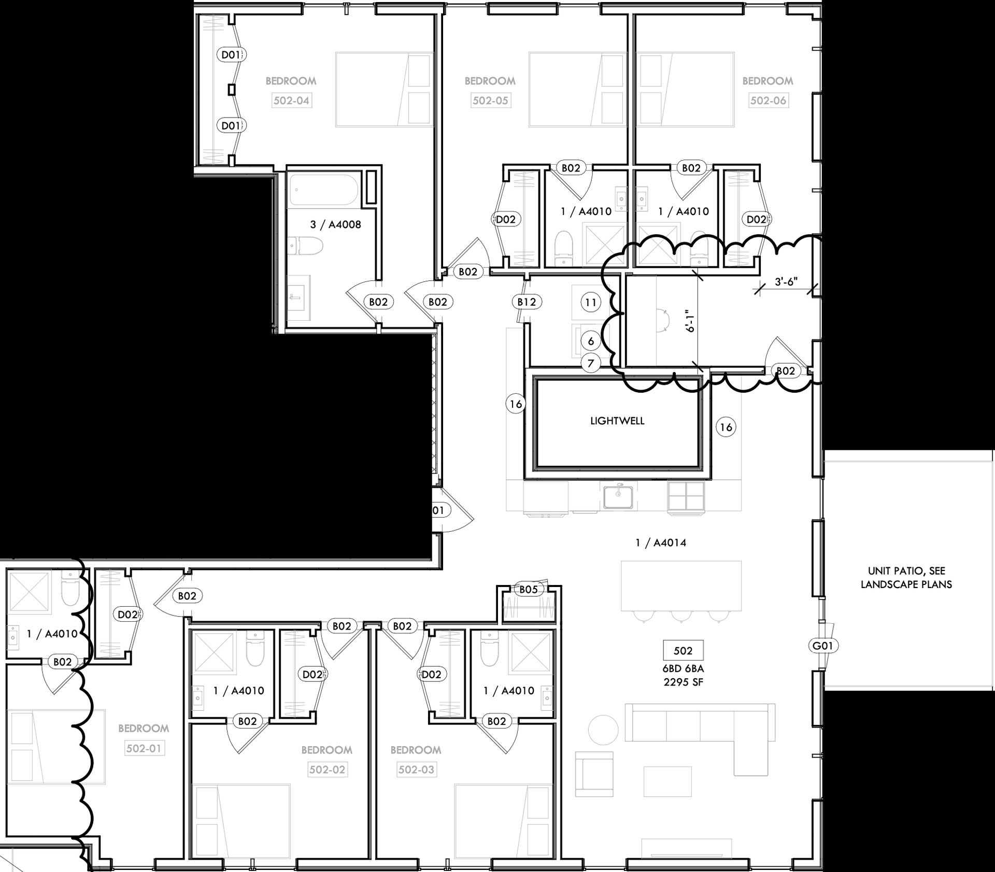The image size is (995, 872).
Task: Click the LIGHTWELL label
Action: click(x=617, y=421)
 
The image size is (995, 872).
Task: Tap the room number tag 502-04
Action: click(x=291, y=101)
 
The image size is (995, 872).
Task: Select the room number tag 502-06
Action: click(x=768, y=101)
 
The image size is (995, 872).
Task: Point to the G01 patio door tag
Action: click(x=823, y=646)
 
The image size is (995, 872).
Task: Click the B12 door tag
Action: click(x=527, y=302)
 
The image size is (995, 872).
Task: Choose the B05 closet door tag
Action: click(x=529, y=589)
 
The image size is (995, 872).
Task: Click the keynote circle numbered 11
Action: click(x=591, y=302)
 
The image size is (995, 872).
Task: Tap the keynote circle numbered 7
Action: click(x=591, y=363)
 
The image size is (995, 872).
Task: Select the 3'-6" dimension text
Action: click(x=786, y=282)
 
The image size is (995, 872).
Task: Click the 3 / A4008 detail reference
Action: click(x=335, y=224)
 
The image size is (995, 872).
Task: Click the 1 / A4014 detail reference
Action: click(x=661, y=543)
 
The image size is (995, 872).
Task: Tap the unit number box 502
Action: click(x=683, y=650)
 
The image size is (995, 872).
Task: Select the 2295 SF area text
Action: click(x=683, y=682)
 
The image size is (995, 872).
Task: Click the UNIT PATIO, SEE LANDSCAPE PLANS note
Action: click(x=906, y=578)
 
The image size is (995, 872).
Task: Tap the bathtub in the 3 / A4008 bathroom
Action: click(x=323, y=190)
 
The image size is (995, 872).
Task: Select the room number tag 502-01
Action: click(x=144, y=748)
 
